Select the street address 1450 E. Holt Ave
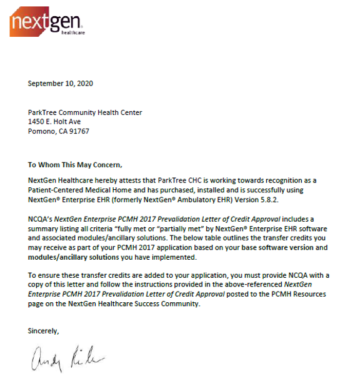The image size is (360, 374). pyautogui.click(x=58, y=122)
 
